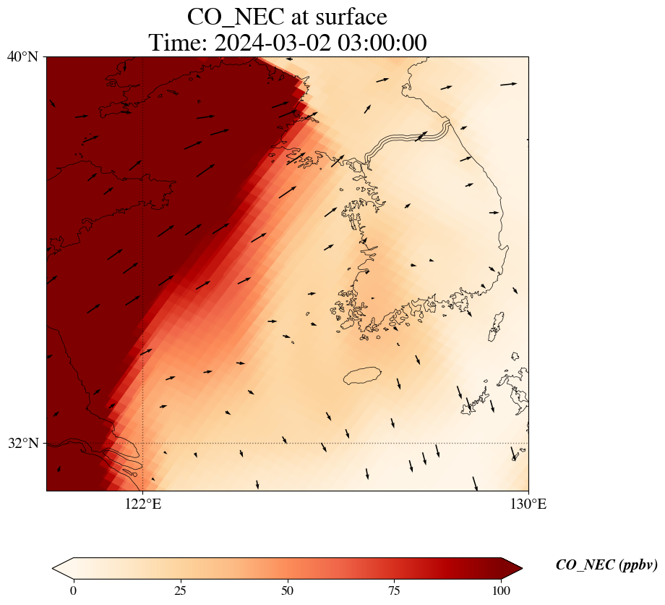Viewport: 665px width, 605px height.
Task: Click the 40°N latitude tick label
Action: pyautogui.click(x=22, y=56)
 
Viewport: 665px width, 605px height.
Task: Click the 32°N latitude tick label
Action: pyautogui.click(x=22, y=443)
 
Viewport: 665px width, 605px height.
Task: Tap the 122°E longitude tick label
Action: pyautogui.click(x=143, y=504)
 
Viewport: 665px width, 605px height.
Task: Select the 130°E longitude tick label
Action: pyautogui.click(x=528, y=504)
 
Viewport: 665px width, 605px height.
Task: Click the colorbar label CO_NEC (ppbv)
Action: pyautogui.click(x=606, y=565)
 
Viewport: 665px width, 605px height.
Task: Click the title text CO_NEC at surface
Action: pyautogui.click(x=287, y=17)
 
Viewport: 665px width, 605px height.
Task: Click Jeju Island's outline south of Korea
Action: pyautogui.click(x=362, y=376)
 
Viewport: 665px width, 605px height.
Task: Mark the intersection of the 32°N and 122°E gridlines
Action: pyautogui.click(x=143, y=443)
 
